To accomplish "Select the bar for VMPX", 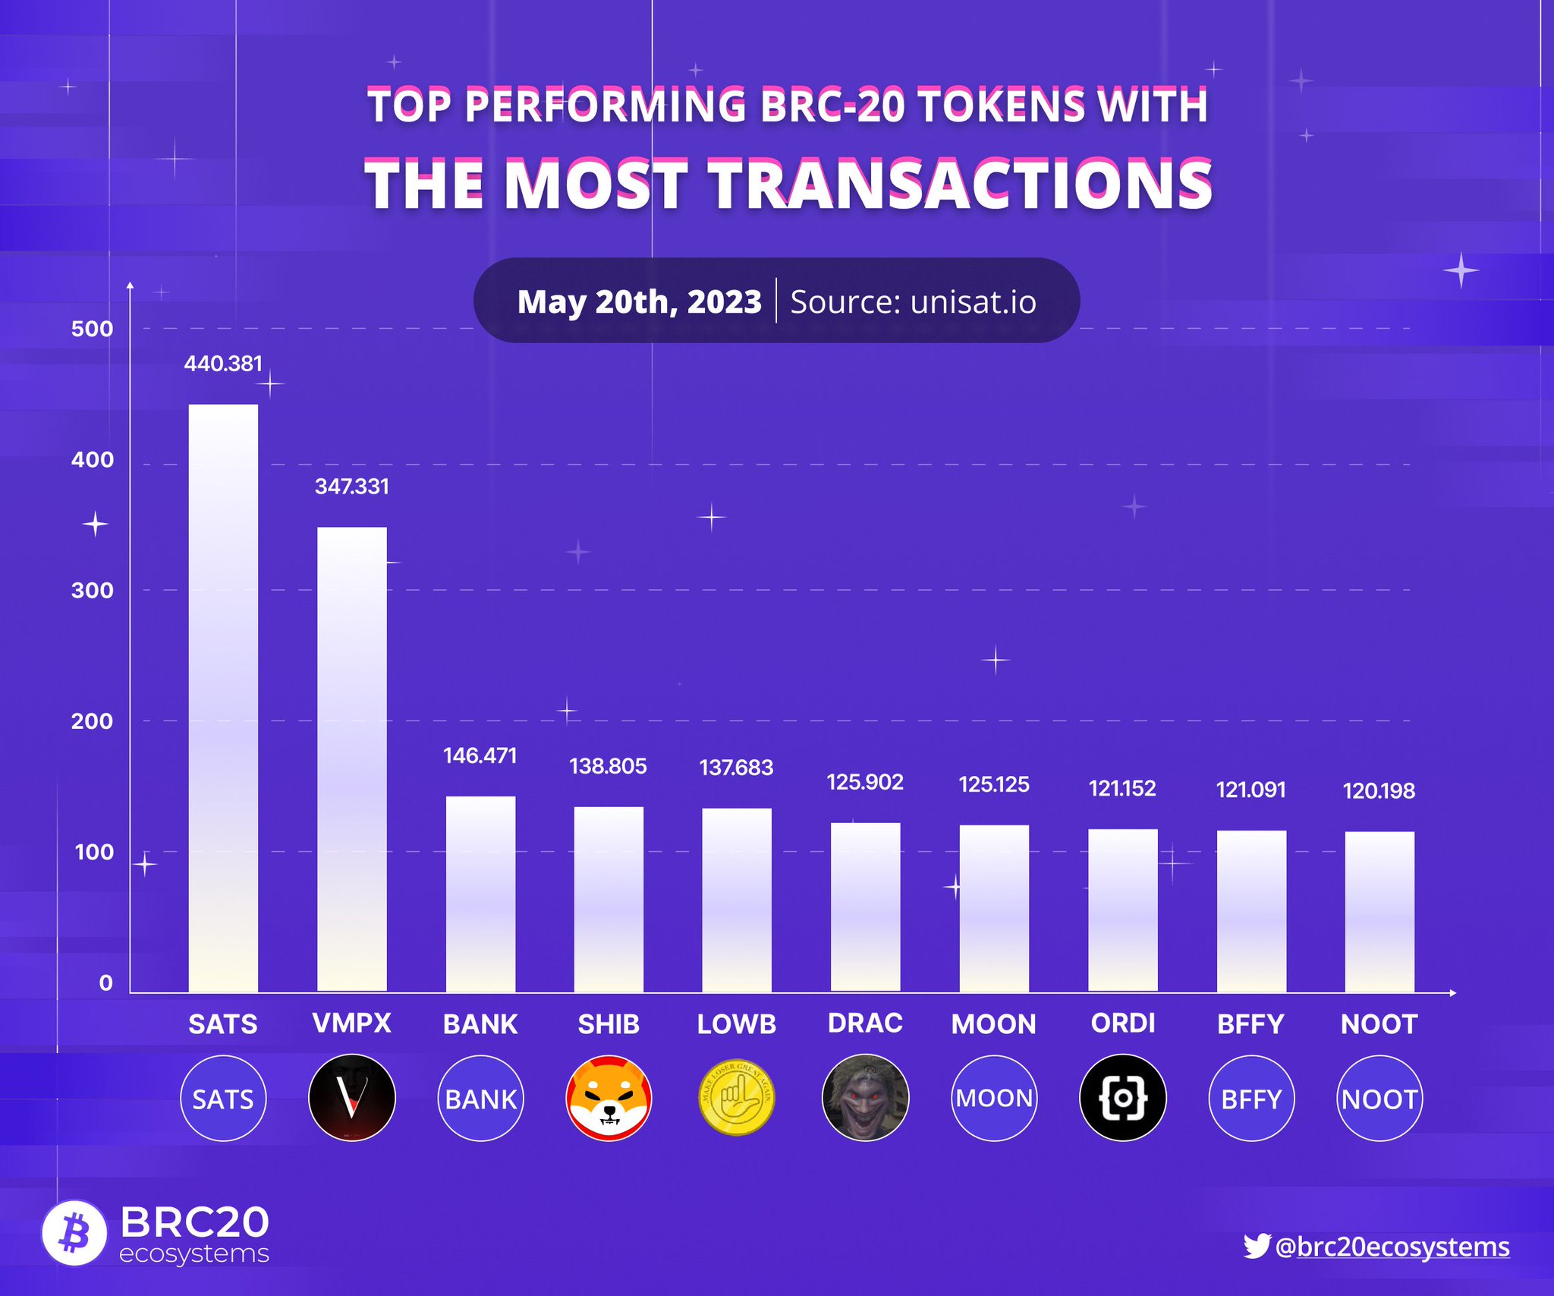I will click(x=351, y=759).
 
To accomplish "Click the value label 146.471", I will click(x=480, y=755).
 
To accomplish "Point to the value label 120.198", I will click(x=1378, y=791).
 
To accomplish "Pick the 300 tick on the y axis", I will click(x=92, y=591).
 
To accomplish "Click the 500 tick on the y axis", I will click(x=92, y=329).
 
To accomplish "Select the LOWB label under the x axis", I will click(x=736, y=1024).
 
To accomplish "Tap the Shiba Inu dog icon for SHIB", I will click(x=609, y=1098).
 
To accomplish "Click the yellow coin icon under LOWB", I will click(x=736, y=1098).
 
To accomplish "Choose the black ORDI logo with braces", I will click(x=1122, y=1098).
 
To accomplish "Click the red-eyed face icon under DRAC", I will click(x=865, y=1098).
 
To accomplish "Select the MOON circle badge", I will click(x=994, y=1098).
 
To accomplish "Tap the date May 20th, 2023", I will click(x=639, y=301).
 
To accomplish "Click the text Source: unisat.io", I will click(x=913, y=301).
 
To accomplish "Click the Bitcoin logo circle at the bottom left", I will click(x=74, y=1233).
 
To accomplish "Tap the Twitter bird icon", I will click(x=1256, y=1246).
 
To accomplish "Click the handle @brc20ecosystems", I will click(x=1392, y=1247).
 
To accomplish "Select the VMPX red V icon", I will click(x=351, y=1098).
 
